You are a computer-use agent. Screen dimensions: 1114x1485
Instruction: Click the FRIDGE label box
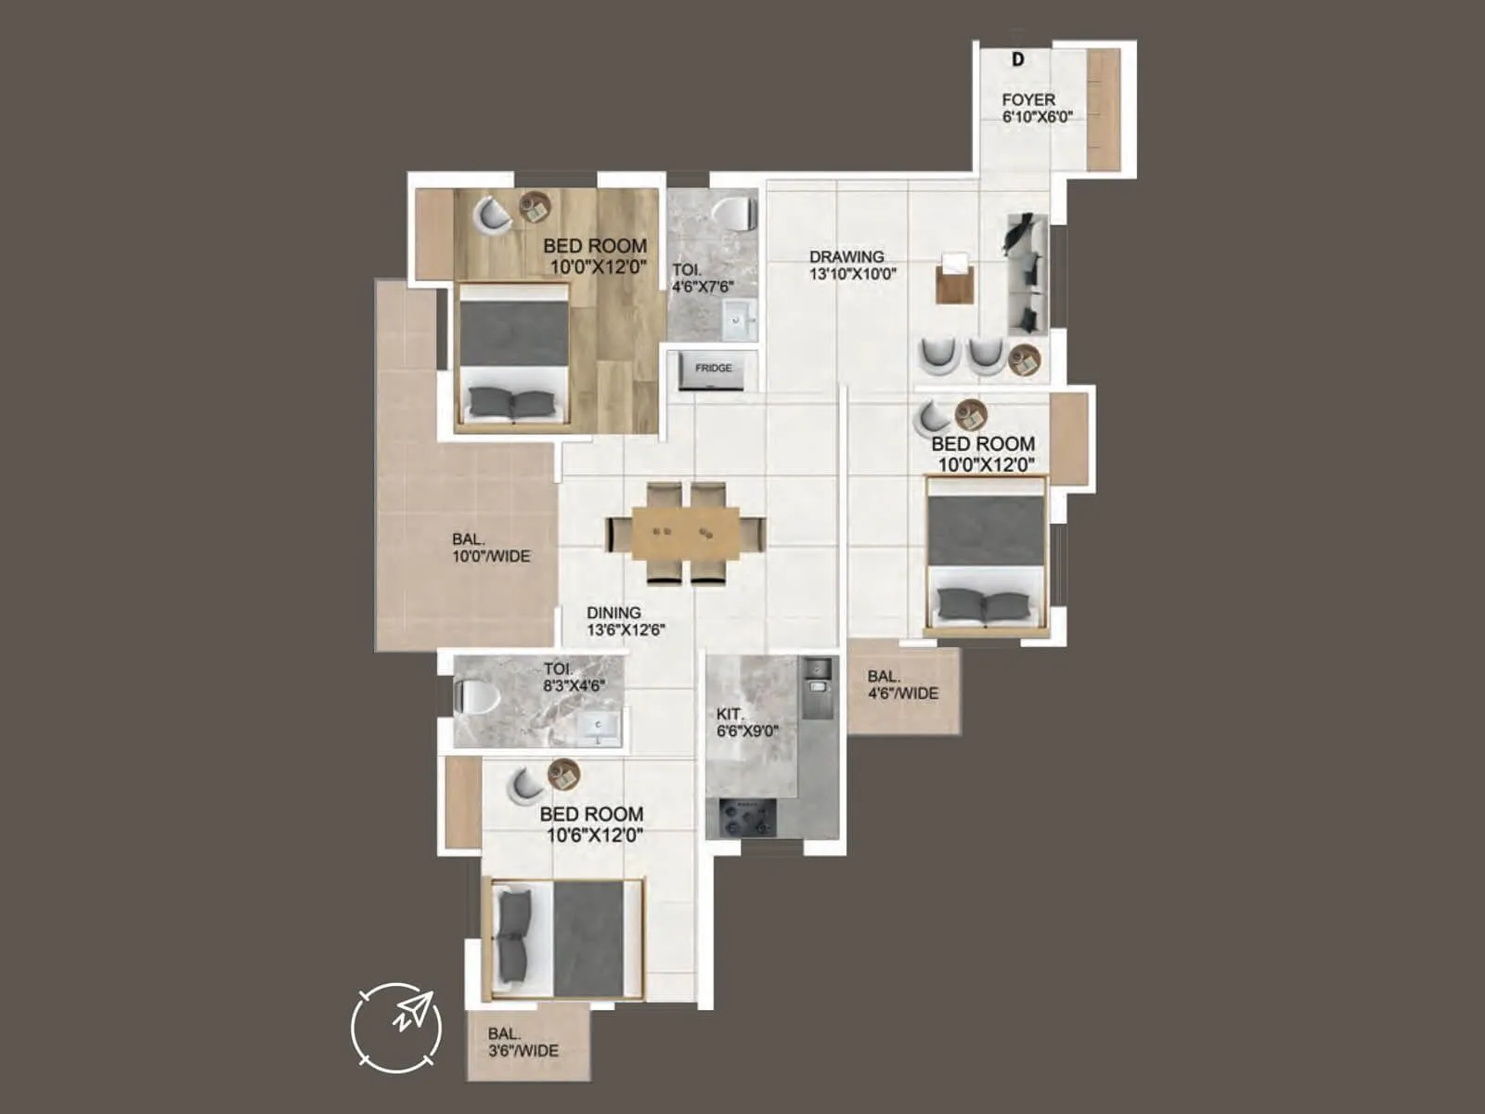tap(713, 369)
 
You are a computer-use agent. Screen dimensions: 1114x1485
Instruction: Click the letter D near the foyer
tap(1018, 59)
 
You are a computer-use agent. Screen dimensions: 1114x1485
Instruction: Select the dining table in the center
tap(686, 533)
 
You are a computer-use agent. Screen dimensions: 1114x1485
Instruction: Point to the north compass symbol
tap(396, 1028)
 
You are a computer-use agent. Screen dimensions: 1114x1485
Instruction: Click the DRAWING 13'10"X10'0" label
tap(851, 266)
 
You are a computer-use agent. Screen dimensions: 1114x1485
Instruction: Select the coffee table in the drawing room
tap(955, 278)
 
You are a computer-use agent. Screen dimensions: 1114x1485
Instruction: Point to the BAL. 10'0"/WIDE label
tap(491, 548)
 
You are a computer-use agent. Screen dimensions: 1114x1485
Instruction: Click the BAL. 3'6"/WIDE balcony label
tap(523, 1043)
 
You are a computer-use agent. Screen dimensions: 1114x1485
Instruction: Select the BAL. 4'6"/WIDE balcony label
tap(902, 685)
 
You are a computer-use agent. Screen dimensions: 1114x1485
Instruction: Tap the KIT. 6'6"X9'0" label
tap(746, 722)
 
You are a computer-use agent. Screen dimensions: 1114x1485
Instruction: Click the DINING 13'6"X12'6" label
tap(625, 621)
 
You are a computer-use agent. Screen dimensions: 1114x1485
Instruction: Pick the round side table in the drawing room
tap(1025, 359)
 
